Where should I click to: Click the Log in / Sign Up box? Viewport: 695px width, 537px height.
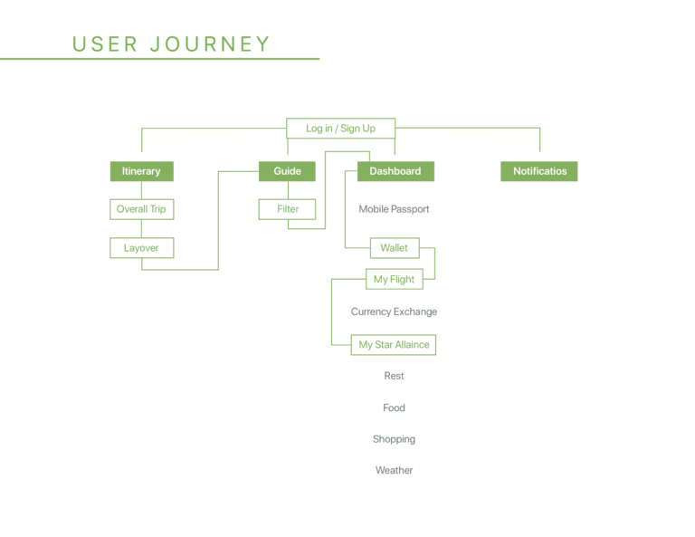340,129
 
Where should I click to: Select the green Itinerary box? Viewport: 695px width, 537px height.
142,171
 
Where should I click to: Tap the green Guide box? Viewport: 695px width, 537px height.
287,171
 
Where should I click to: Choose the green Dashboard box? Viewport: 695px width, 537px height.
395,171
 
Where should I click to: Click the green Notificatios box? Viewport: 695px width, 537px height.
539,171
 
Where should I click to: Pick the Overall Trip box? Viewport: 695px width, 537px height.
142,209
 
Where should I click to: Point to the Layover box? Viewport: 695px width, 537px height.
142,248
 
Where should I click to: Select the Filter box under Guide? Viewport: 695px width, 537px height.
287,209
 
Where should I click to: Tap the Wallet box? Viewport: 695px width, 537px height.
395,248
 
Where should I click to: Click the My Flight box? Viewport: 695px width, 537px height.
395,279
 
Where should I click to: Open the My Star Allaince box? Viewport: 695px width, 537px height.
394,344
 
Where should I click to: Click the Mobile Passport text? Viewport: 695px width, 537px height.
394,209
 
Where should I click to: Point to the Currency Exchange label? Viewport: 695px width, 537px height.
394,312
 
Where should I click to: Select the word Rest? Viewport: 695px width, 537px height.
394,376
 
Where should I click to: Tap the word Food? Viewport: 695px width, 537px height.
394,408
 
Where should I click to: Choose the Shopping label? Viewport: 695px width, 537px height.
394,439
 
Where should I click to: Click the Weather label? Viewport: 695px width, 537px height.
394,471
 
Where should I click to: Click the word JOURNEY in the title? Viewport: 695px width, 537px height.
210,44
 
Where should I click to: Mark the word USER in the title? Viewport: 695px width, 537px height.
105,44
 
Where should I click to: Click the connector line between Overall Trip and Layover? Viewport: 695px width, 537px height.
141,229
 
